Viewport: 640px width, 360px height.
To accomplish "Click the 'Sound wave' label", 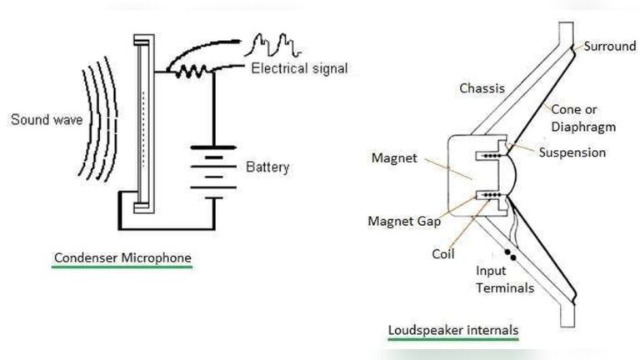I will click(x=44, y=119).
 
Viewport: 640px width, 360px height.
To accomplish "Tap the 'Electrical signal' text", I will click(x=299, y=67).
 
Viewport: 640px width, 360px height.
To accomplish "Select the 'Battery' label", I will click(x=267, y=167).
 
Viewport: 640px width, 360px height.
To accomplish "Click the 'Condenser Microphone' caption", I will click(x=122, y=258).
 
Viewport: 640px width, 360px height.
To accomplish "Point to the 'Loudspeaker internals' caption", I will click(x=453, y=330).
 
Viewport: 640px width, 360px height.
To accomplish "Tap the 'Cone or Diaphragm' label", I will click(x=583, y=118).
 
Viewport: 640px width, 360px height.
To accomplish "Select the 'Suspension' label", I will click(x=572, y=152).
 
